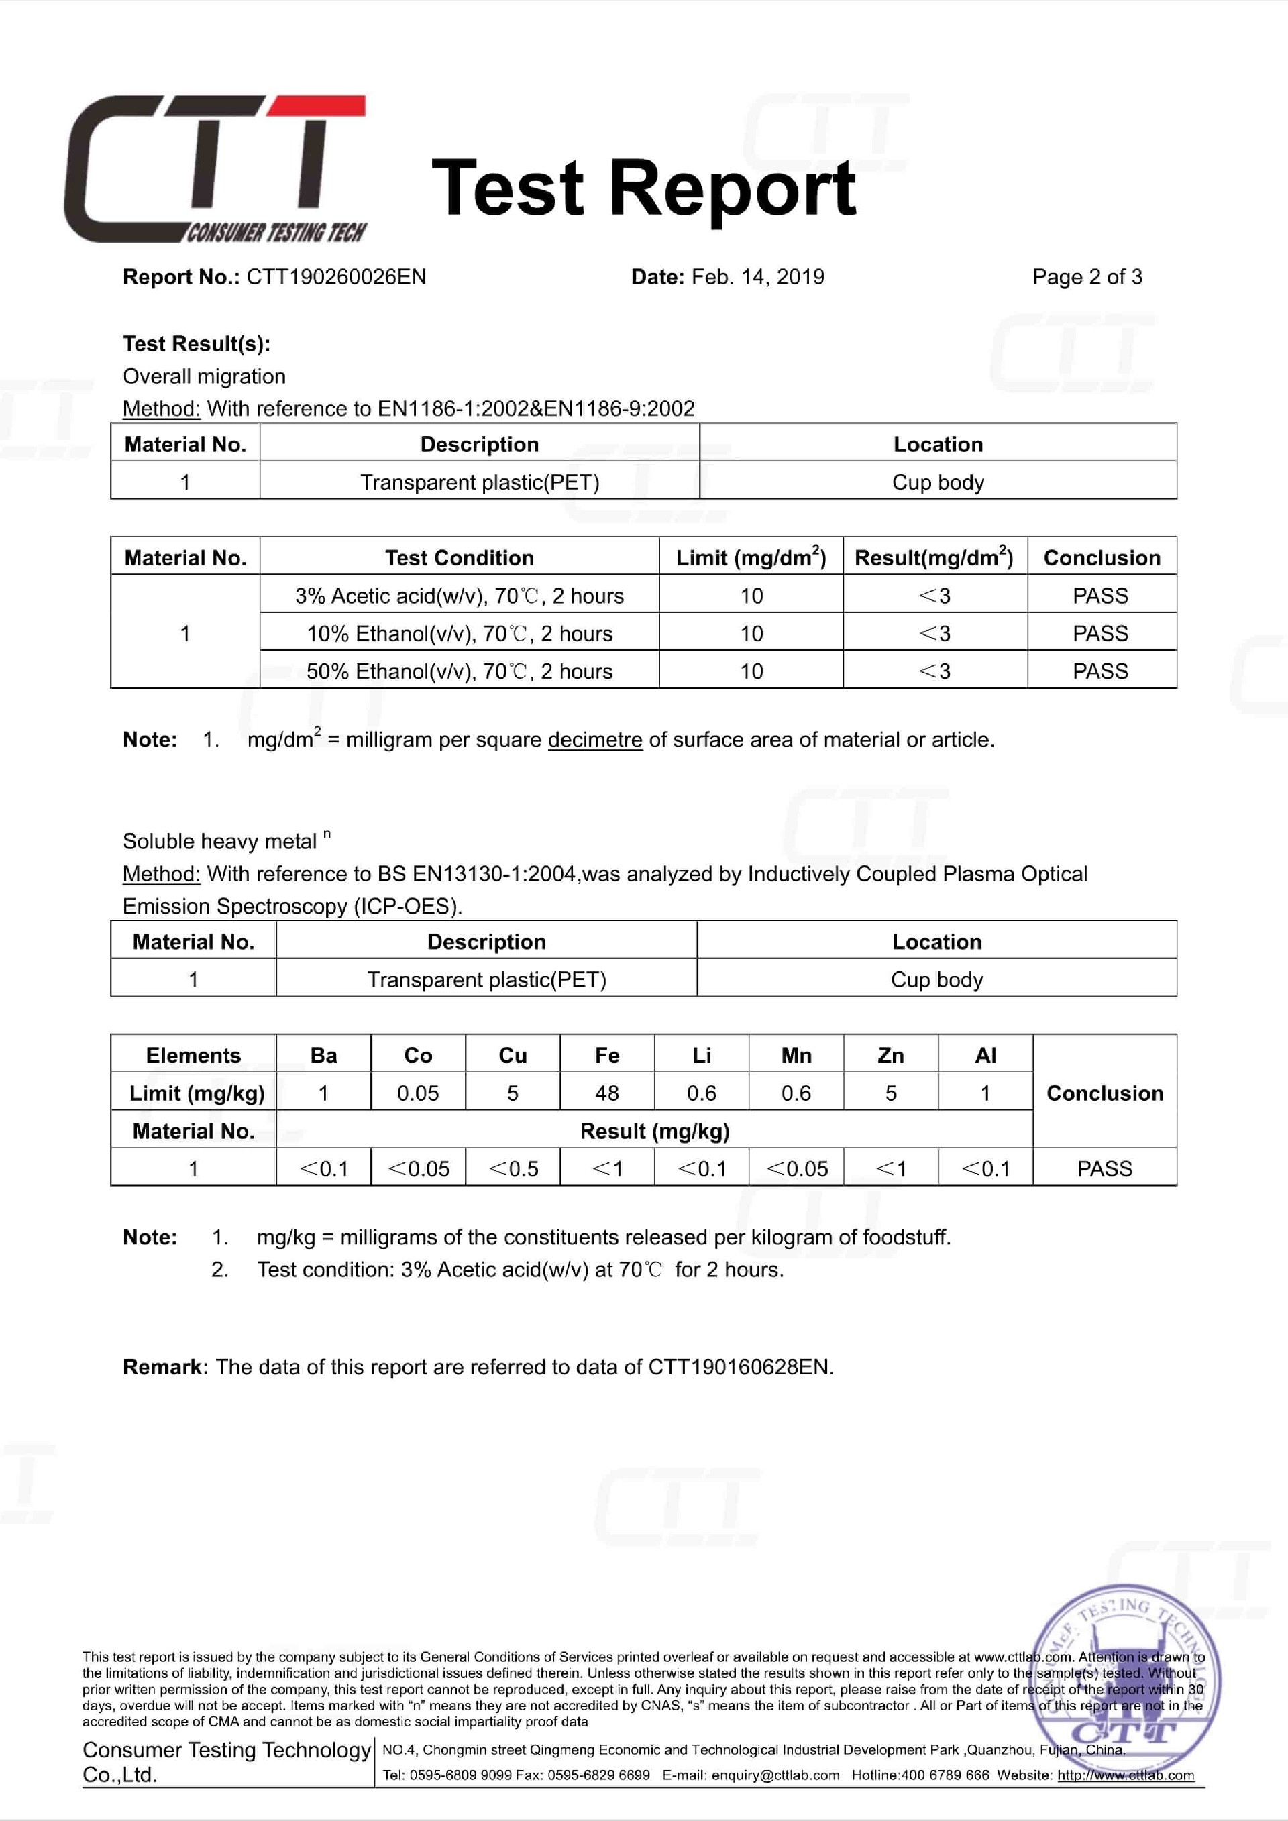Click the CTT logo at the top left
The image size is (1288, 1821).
tap(214, 169)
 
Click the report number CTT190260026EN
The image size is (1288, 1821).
tap(336, 277)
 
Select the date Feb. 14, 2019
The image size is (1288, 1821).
tap(757, 277)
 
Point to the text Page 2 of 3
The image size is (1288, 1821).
tap(1087, 277)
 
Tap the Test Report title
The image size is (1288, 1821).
tap(643, 188)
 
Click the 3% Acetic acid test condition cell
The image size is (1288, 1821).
tap(460, 596)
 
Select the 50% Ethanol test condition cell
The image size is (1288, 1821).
tap(460, 671)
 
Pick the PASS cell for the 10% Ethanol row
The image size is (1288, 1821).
tap(1100, 634)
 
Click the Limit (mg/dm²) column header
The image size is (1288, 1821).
tap(750, 557)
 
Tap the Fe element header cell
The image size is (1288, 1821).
tap(606, 1055)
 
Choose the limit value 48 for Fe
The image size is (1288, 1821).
tap(606, 1093)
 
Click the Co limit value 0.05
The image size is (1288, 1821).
tap(418, 1093)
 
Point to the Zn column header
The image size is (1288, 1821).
tap(891, 1055)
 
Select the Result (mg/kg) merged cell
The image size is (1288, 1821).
tap(654, 1131)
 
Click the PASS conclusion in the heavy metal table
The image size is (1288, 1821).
tap(1104, 1168)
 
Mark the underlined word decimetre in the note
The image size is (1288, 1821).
tap(595, 740)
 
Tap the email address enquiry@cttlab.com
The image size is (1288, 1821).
tap(775, 1775)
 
